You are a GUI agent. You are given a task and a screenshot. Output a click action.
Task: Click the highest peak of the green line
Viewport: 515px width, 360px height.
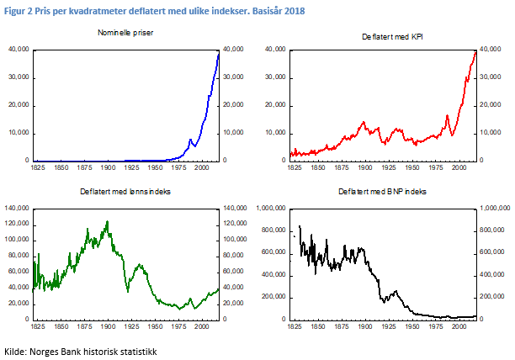(x=107, y=222)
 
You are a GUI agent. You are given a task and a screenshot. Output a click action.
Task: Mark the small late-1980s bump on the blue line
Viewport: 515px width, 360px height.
(x=191, y=139)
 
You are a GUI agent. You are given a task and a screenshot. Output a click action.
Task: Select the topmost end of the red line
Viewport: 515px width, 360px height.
(x=475, y=51)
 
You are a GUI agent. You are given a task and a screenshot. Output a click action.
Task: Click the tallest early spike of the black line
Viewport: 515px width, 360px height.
(x=300, y=225)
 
